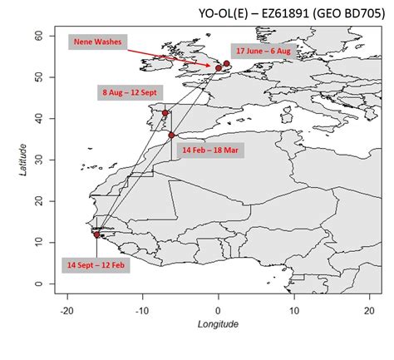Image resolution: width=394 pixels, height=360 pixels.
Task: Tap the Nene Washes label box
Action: [98, 41]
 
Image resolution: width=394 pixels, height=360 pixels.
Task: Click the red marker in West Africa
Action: [97, 234]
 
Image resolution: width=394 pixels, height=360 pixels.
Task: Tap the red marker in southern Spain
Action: [172, 135]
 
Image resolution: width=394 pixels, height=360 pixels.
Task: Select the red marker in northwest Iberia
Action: [165, 113]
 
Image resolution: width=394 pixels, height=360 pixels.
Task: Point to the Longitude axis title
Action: [218, 324]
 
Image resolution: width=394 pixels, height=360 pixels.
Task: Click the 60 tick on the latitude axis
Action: [38, 35]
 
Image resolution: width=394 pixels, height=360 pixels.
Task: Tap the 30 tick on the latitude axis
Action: [38, 160]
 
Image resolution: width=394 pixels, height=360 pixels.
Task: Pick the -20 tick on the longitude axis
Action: [67, 310]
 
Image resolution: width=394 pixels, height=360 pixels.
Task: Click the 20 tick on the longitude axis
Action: [368, 310]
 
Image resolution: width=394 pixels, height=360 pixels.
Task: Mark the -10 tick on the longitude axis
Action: [142, 310]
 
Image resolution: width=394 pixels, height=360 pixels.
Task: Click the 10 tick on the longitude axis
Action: [293, 310]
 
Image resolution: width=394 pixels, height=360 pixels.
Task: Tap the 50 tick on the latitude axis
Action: [38, 76]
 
